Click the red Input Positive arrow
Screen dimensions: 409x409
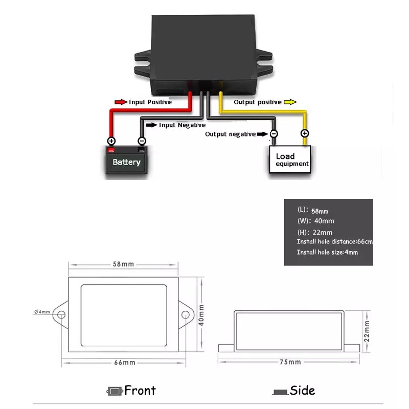(121, 102)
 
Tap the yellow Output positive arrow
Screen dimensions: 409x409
(290, 102)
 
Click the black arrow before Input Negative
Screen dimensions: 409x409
(151, 125)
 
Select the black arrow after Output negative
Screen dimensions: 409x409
(262, 134)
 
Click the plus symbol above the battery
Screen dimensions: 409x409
(111, 141)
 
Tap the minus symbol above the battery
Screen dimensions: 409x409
(142, 141)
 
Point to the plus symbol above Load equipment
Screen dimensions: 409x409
(305, 133)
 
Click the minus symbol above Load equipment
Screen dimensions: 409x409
(274, 134)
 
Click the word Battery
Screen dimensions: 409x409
(126, 162)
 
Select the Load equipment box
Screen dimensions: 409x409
(290, 160)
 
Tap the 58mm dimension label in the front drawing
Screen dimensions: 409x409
(123, 264)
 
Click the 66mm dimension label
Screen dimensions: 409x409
(125, 362)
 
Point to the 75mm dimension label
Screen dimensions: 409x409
(290, 362)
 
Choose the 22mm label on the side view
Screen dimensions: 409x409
(367, 331)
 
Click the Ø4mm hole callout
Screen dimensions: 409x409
(42, 312)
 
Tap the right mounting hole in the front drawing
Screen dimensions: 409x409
(185, 314)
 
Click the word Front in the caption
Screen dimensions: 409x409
(140, 391)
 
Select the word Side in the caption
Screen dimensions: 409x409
(302, 391)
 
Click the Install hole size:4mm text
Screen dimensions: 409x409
(327, 252)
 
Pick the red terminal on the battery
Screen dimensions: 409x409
(111, 150)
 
